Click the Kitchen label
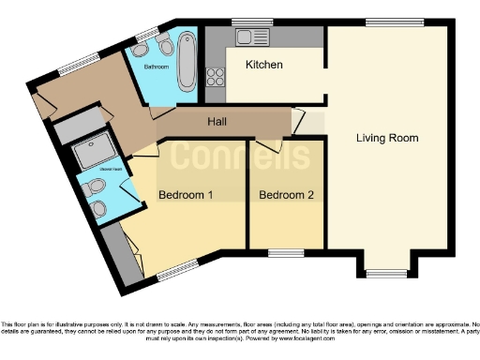coord(264,65)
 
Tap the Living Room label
coord(387,138)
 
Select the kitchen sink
coord(249,37)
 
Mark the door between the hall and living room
coord(300,122)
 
